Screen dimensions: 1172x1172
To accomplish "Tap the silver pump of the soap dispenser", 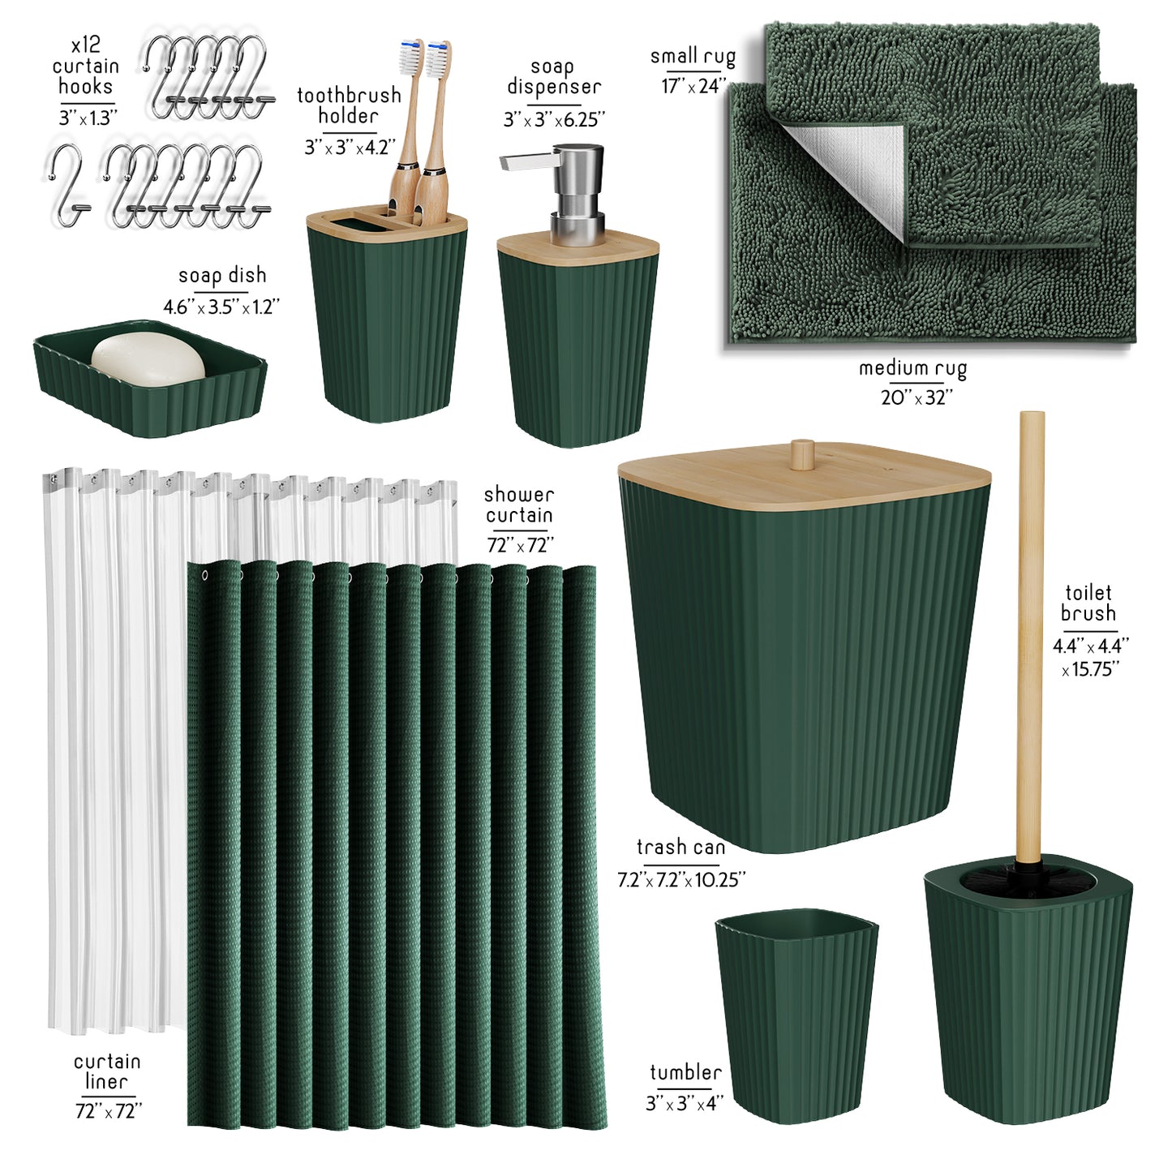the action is (x=565, y=193).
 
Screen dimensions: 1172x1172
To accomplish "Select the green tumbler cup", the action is (x=796, y=1015).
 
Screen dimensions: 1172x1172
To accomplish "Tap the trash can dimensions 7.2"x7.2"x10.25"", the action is (x=681, y=880).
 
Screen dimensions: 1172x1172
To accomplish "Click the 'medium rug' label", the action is (x=912, y=368).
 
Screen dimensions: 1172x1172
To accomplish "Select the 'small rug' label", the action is (x=693, y=57).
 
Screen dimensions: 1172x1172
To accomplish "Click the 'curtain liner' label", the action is (x=107, y=1071).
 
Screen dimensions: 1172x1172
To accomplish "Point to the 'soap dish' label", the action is (x=222, y=276).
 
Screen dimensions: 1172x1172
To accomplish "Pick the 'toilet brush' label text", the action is (x=1088, y=602).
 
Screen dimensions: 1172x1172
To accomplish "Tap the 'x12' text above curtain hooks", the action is (x=86, y=45).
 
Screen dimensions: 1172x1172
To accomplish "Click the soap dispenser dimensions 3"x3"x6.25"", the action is (x=554, y=120).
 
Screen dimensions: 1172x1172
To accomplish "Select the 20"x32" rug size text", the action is (x=917, y=397).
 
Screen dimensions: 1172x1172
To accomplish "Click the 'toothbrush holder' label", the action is (x=349, y=105).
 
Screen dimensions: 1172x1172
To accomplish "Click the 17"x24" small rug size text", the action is (x=694, y=86).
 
